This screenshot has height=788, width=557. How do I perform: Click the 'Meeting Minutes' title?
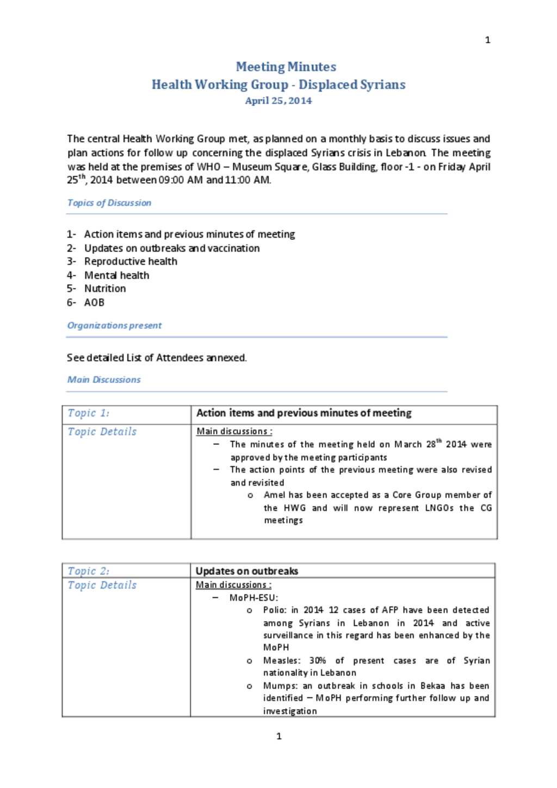(x=286, y=67)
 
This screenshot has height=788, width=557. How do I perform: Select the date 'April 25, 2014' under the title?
(x=278, y=101)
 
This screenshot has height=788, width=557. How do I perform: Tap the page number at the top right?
(x=487, y=40)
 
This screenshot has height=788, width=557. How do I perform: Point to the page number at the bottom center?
(x=279, y=736)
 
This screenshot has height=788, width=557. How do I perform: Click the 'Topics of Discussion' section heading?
(x=109, y=203)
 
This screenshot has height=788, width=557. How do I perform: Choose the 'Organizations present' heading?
(x=114, y=326)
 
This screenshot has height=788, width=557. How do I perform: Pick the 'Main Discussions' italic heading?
(x=104, y=380)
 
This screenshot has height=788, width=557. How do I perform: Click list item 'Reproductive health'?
(x=131, y=262)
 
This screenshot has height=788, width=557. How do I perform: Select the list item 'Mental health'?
(x=116, y=275)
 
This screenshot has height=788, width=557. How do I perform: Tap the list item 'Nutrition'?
(x=105, y=289)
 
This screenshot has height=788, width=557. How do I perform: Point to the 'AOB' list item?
(x=94, y=302)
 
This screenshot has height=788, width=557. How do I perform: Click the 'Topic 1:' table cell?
(x=89, y=413)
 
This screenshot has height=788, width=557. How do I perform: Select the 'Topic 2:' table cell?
(x=89, y=571)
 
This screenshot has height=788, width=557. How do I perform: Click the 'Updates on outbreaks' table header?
(x=247, y=571)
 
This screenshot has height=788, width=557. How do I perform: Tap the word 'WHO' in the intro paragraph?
(x=208, y=167)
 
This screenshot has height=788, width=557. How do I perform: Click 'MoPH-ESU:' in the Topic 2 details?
(x=253, y=598)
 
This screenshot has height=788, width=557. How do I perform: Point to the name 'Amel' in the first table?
(x=274, y=495)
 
